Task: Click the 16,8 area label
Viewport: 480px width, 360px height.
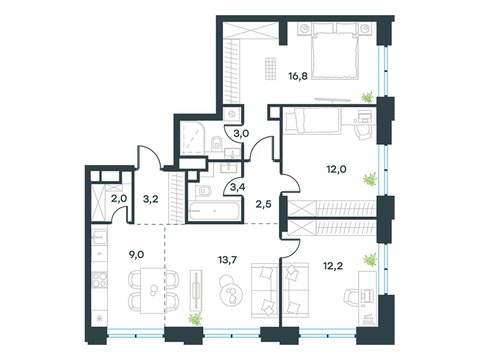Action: coord(298,76)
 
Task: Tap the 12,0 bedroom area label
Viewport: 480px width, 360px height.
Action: coord(336,169)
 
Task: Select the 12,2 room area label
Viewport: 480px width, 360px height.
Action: coord(333,266)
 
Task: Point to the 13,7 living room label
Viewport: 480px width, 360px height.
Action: coord(227,260)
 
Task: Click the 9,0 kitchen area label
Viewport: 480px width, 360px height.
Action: coord(137,254)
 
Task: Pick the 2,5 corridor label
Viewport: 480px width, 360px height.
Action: coord(263,204)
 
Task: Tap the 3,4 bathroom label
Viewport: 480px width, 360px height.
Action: coord(238,187)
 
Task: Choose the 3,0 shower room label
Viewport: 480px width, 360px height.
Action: coord(241,133)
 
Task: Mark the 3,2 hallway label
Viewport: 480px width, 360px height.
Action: coord(151,199)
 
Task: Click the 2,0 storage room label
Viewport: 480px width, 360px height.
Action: coord(119,199)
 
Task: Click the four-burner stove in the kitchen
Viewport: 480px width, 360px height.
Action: coord(100,280)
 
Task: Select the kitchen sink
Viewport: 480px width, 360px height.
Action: coord(100,237)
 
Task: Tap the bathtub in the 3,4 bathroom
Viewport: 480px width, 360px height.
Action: coord(214,211)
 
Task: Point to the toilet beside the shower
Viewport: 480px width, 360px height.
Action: coord(217,143)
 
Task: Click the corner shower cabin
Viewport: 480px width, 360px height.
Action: coord(192,138)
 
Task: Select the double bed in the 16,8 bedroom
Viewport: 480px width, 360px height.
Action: coord(335,52)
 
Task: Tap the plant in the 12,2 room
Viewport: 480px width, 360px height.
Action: coord(370,260)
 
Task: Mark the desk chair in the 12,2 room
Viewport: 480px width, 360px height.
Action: coord(352,296)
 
